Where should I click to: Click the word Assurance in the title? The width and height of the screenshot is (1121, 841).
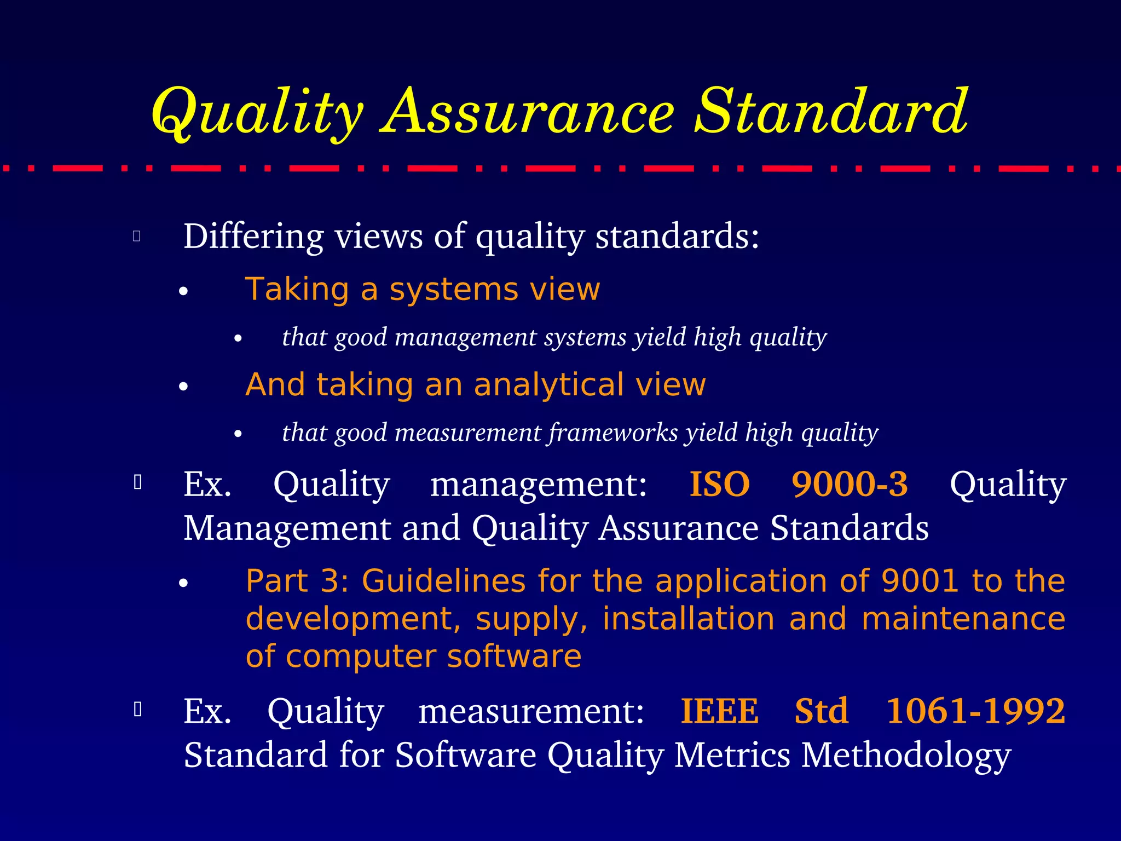[x=528, y=112]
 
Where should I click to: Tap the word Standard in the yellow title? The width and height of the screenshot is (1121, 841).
[x=831, y=112]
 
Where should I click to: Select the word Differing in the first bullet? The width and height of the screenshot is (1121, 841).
[x=253, y=237]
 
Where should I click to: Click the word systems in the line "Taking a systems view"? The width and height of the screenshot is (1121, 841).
[x=453, y=289]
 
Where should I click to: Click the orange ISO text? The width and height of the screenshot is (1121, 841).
[x=719, y=484]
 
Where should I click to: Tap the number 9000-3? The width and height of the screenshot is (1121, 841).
[x=850, y=484]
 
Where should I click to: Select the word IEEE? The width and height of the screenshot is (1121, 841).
[x=719, y=711]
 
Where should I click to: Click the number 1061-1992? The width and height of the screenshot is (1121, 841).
[x=975, y=711]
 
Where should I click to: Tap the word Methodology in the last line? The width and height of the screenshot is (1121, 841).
[x=906, y=756]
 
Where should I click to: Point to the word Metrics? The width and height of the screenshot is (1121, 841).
[x=732, y=756]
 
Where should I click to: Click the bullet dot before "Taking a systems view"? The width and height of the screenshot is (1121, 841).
[x=183, y=291]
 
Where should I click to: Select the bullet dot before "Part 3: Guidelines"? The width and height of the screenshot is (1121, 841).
[x=183, y=584]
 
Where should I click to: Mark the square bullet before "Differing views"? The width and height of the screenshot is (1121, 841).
[x=137, y=236]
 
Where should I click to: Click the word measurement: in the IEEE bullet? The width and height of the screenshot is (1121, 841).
[x=531, y=711]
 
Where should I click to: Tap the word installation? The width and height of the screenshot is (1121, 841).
[x=689, y=619]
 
